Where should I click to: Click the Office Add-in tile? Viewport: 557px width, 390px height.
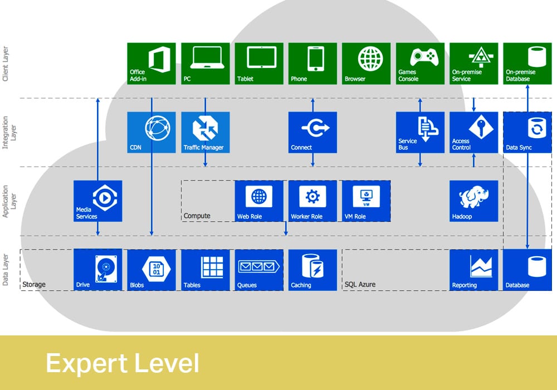pos(151,63)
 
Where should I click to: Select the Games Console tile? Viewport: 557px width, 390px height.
pos(420,63)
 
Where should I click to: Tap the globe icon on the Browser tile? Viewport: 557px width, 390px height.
pos(370,58)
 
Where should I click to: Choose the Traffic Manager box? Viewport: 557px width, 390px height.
pos(206,132)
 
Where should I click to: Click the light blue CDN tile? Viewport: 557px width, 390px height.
pos(151,132)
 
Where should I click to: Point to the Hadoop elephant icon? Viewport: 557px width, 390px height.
pos(473,197)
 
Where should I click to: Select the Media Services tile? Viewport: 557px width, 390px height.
pos(97,201)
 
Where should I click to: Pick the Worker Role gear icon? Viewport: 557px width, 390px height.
pos(312,196)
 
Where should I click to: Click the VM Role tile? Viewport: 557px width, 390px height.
pos(366,201)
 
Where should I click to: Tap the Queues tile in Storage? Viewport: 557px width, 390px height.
pos(259,270)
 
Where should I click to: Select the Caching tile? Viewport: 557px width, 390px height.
pos(312,270)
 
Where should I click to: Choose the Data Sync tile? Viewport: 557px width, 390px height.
pos(527,132)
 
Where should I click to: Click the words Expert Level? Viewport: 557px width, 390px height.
pos(122,363)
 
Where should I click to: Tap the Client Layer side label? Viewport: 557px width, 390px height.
pos(6,65)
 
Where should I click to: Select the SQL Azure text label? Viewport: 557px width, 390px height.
pos(360,285)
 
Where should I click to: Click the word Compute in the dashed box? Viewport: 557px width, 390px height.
pos(197,216)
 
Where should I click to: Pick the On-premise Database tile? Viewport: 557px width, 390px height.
pos(527,63)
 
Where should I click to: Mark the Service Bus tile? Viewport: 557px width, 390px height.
pos(420,132)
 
